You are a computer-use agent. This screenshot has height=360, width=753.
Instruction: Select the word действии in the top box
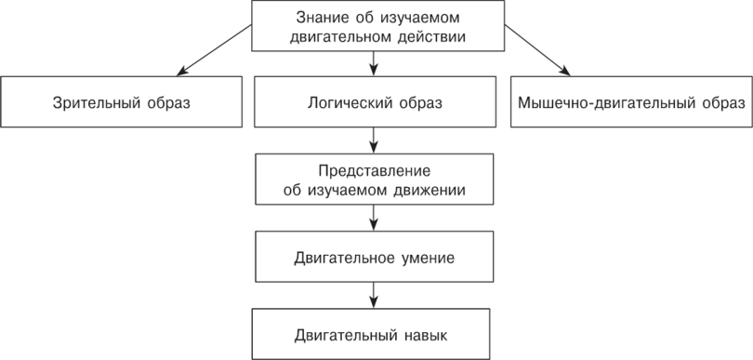click(x=426, y=37)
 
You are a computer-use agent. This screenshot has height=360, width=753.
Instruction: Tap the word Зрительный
click(x=92, y=101)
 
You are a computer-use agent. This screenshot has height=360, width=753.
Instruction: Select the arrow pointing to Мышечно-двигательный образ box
click(x=535, y=49)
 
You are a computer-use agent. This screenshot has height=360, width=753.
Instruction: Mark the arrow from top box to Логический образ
click(x=373, y=62)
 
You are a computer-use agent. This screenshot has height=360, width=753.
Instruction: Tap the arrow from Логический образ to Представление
click(x=373, y=139)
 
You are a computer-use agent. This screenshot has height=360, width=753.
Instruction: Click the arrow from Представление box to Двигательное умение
click(x=373, y=218)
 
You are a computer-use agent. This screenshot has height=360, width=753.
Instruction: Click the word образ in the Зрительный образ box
click(x=167, y=101)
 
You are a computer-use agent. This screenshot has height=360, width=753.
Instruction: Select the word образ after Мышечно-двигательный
click(x=720, y=101)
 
